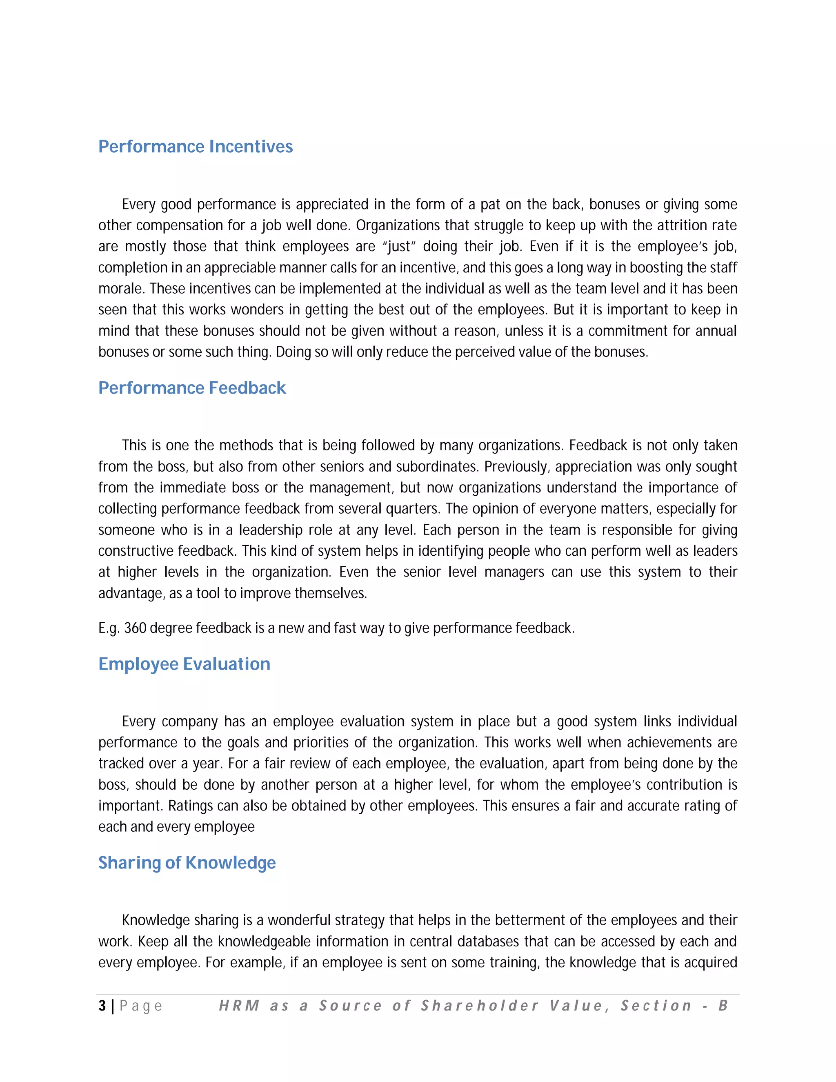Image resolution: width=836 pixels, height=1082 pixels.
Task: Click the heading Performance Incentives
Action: click(x=195, y=147)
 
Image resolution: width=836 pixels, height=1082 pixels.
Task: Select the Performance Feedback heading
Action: click(x=192, y=388)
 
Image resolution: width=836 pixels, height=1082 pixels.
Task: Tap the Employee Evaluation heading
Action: click(x=184, y=664)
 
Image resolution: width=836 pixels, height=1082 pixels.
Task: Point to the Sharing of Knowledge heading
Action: click(x=187, y=862)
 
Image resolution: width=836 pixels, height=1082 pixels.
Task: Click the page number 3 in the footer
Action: click(x=102, y=1006)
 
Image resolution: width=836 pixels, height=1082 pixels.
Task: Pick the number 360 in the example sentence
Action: click(x=135, y=628)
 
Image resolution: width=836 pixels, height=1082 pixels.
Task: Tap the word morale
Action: click(x=120, y=289)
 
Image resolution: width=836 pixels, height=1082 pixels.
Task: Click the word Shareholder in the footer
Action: click(x=479, y=1006)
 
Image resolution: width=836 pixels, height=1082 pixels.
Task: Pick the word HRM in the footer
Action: click(x=239, y=1006)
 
